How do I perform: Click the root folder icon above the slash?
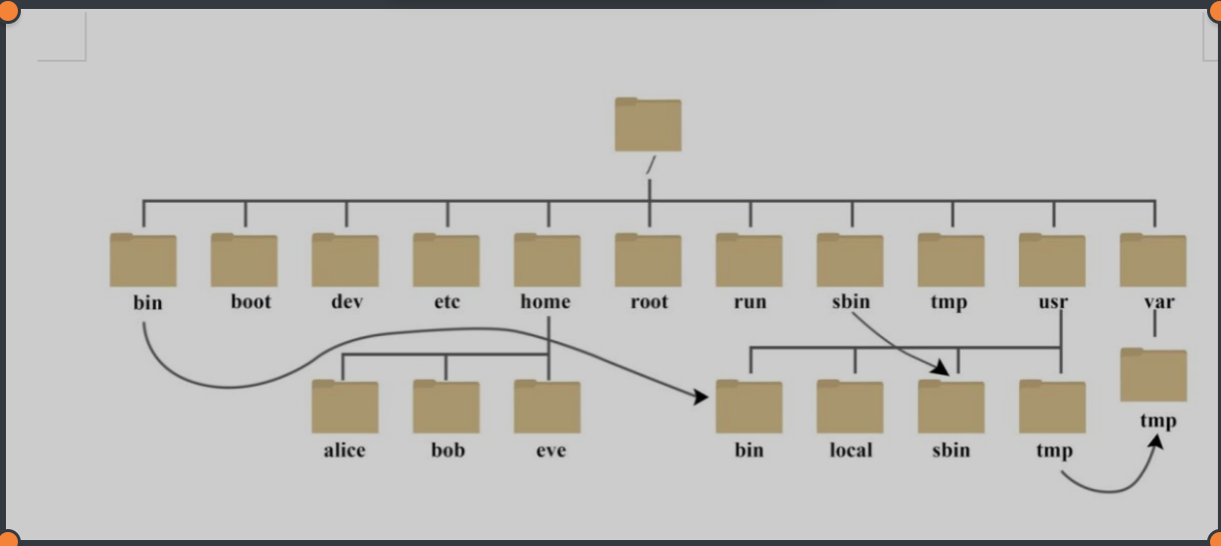coord(648,125)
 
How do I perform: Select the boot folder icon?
coord(244,261)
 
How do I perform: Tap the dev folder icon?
coord(345,261)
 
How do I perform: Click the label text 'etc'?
coord(446,301)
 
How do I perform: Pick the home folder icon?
coord(547,261)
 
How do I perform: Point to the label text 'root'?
coord(648,301)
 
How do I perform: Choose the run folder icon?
coord(749,261)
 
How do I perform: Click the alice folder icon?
coord(345,407)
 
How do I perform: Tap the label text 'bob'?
coord(447,450)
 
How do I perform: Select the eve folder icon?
coord(547,407)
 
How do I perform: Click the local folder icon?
coord(850,407)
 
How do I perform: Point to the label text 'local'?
coord(850,451)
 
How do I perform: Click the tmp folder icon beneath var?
coord(1153,375)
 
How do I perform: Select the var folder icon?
coord(1153,261)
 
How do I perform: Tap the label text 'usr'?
coord(1053,301)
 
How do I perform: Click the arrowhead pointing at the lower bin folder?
coord(700,397)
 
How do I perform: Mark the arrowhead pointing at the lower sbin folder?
coord(941,370)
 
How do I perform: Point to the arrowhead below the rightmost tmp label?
coord(1155,442)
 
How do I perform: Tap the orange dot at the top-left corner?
coord(8,8)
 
